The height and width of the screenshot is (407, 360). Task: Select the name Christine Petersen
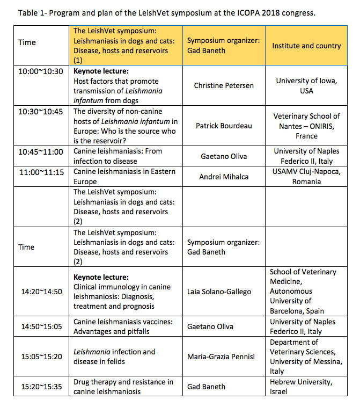tap(224, 85)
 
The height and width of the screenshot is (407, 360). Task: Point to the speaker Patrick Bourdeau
tap(224, 126)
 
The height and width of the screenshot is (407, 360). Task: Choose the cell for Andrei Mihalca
tap(224, 176)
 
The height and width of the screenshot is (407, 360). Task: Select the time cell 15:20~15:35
tap(41, 387)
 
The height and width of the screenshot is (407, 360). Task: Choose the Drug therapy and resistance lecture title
tap(123, 387)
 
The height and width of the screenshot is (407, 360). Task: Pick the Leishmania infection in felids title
tap(114, 357)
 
